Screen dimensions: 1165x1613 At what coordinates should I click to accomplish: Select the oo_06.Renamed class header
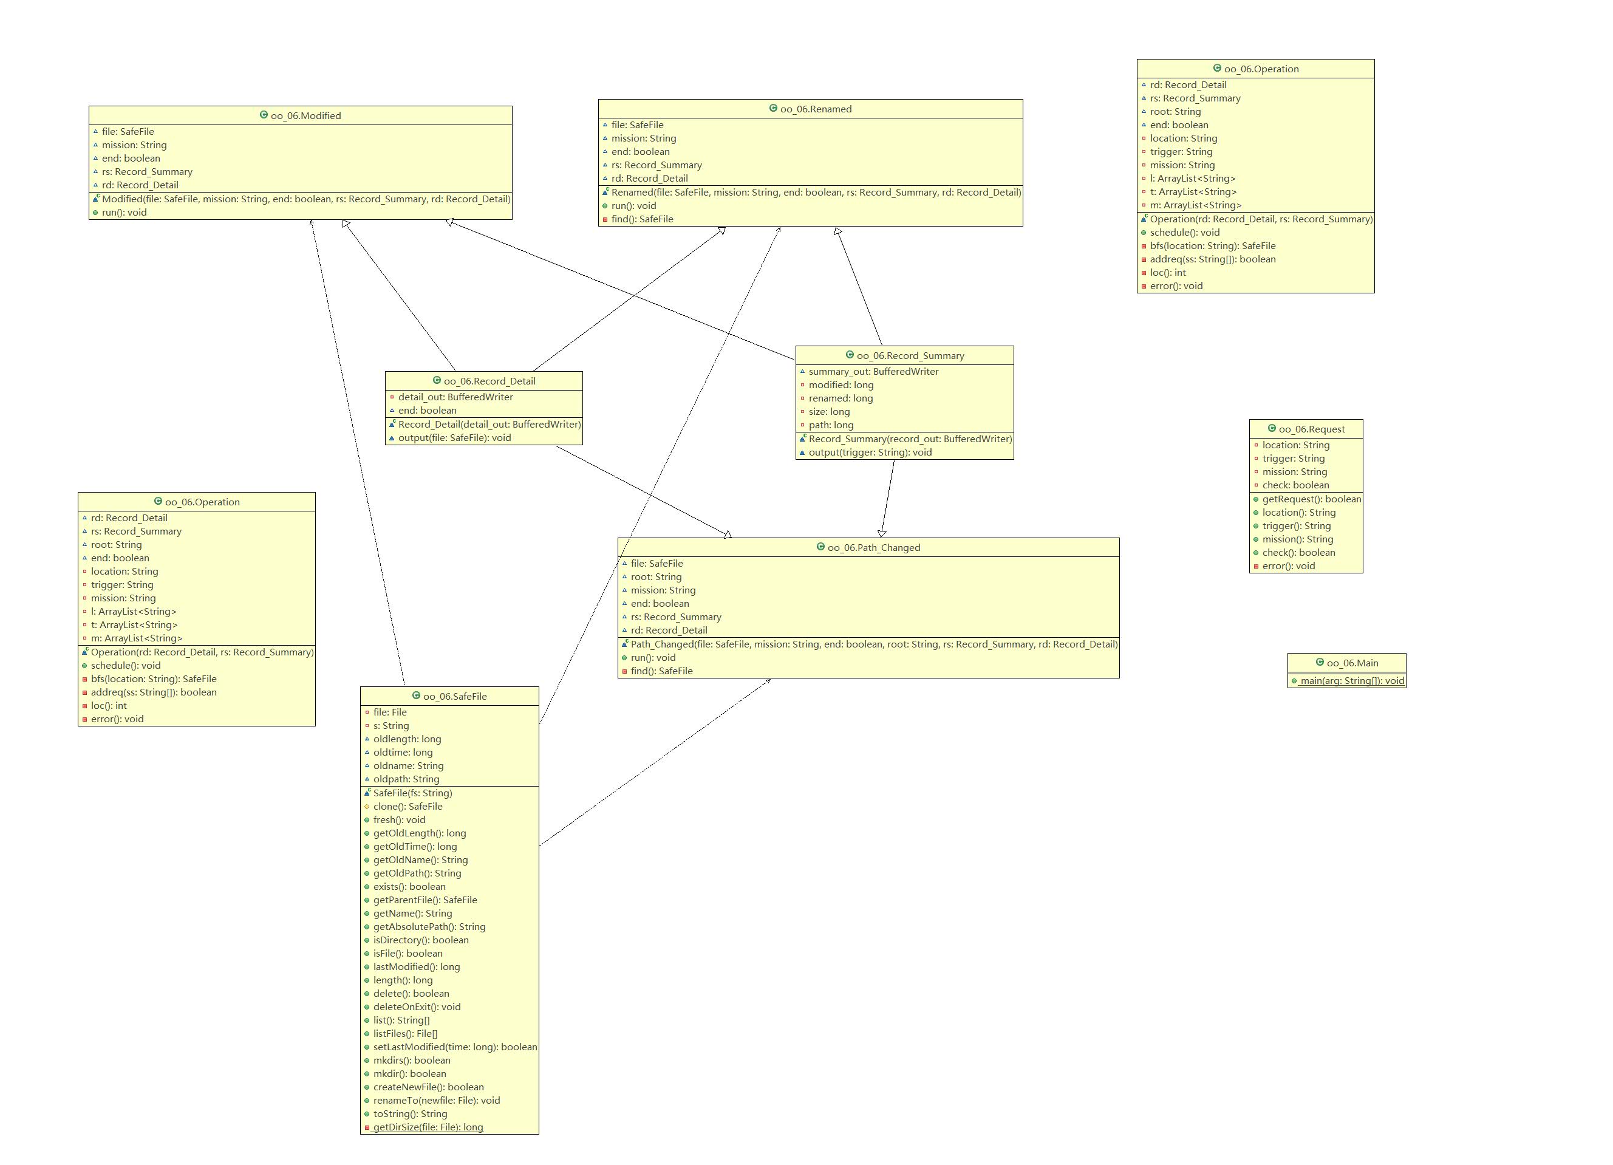(815, 109)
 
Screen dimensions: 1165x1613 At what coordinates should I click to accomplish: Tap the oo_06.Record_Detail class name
(489, 381)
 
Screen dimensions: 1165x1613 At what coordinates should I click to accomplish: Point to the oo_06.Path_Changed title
(873, 548)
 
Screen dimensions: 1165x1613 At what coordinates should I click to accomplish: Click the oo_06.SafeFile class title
(454, 696)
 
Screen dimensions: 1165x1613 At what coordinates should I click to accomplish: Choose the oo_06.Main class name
(1352, 663)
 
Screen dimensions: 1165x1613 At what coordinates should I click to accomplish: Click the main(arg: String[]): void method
(1351, 681)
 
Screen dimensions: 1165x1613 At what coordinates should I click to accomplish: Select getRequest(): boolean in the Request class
(1311, 499)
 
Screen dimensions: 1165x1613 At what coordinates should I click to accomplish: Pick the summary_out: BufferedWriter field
(873, 371)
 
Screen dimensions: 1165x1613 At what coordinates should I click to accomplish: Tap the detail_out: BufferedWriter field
(455, 397)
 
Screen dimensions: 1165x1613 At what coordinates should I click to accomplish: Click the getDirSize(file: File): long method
(428, 1127)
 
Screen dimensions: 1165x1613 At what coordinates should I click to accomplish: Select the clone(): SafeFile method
(408, 807)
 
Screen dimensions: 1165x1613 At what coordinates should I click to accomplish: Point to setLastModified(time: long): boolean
(454, 1047)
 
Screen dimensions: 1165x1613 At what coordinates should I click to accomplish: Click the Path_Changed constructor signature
(873, 644)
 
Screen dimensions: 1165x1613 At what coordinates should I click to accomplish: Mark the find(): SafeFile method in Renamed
(641, 219)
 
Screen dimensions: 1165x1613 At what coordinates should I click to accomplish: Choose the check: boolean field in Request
(1295, 485)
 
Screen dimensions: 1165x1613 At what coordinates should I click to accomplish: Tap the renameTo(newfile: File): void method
(436, 1100)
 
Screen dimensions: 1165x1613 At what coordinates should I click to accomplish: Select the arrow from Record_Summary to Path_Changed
(888, 498)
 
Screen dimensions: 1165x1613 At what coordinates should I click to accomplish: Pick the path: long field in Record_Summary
(831, 425)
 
